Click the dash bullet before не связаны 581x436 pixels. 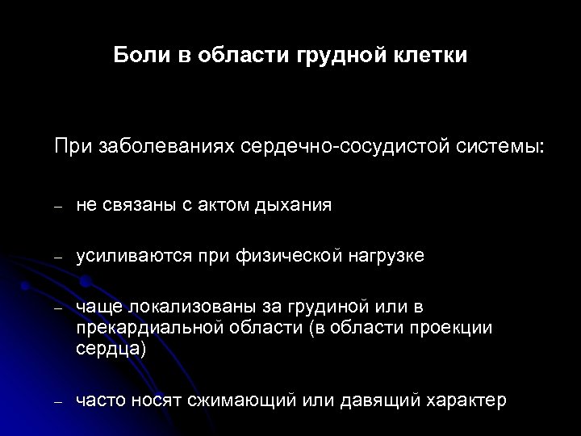point(58,207)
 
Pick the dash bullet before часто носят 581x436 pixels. point(58,401)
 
